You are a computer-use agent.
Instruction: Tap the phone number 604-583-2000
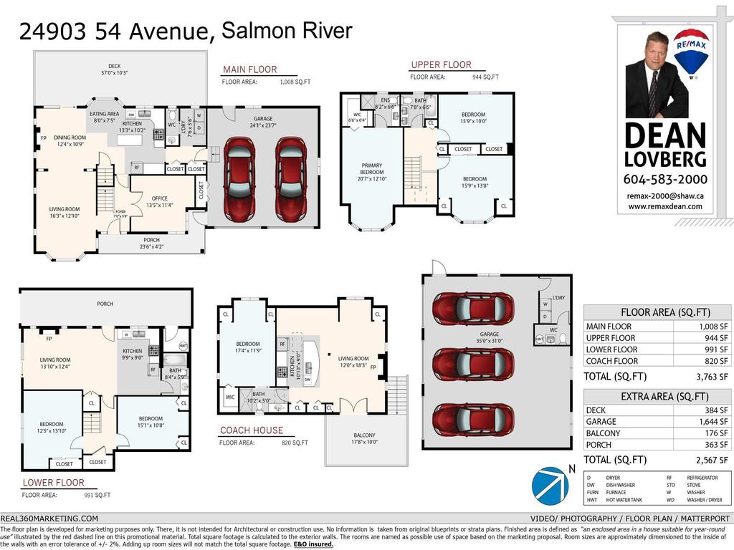665,179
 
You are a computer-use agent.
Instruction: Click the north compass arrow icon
550,484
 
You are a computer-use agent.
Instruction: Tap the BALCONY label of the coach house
363,435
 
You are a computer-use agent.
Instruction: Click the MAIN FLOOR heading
249,69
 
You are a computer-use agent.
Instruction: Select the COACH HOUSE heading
252,430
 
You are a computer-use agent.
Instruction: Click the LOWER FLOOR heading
52,483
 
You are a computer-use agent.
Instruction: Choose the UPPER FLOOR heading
441,65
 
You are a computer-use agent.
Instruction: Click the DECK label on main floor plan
114,67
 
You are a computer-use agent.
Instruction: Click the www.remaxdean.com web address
665,206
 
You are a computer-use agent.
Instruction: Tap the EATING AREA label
105,114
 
